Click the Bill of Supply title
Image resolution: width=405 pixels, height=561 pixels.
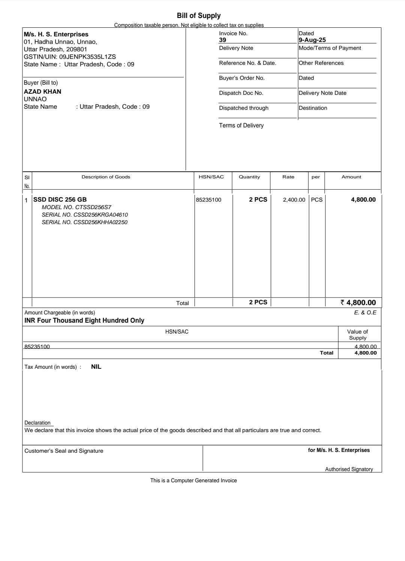point(198,15)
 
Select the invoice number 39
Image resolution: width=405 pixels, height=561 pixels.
point(223,40)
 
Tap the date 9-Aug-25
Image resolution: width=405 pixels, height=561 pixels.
point(312,40)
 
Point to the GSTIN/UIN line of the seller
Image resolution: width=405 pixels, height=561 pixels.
point(70,57)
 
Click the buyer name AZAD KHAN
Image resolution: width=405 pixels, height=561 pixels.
point(42,91)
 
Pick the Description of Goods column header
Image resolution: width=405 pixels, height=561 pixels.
point(106,177)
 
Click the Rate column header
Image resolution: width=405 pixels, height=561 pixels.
point(288,177)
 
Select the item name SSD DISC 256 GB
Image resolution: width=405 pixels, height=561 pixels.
point(60,199)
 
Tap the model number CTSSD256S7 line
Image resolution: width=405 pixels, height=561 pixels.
point(76,207)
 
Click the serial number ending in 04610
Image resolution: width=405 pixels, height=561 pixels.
point(85,215)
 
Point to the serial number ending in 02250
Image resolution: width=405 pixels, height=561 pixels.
point(84,222)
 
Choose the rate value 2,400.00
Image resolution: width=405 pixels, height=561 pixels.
point(294,200)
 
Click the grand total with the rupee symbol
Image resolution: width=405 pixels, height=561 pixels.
point(358,302)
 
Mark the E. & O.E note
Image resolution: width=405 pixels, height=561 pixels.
point(365,313)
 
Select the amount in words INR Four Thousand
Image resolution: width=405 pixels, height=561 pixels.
point(84,320)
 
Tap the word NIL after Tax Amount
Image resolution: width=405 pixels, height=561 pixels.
point(96,367)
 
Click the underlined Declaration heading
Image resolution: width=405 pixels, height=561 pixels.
point(37,423)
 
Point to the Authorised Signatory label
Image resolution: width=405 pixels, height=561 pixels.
point(349,469)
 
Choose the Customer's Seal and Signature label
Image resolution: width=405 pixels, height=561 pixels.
point(64,451)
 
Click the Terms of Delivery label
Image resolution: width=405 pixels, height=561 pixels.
point(241,126)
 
